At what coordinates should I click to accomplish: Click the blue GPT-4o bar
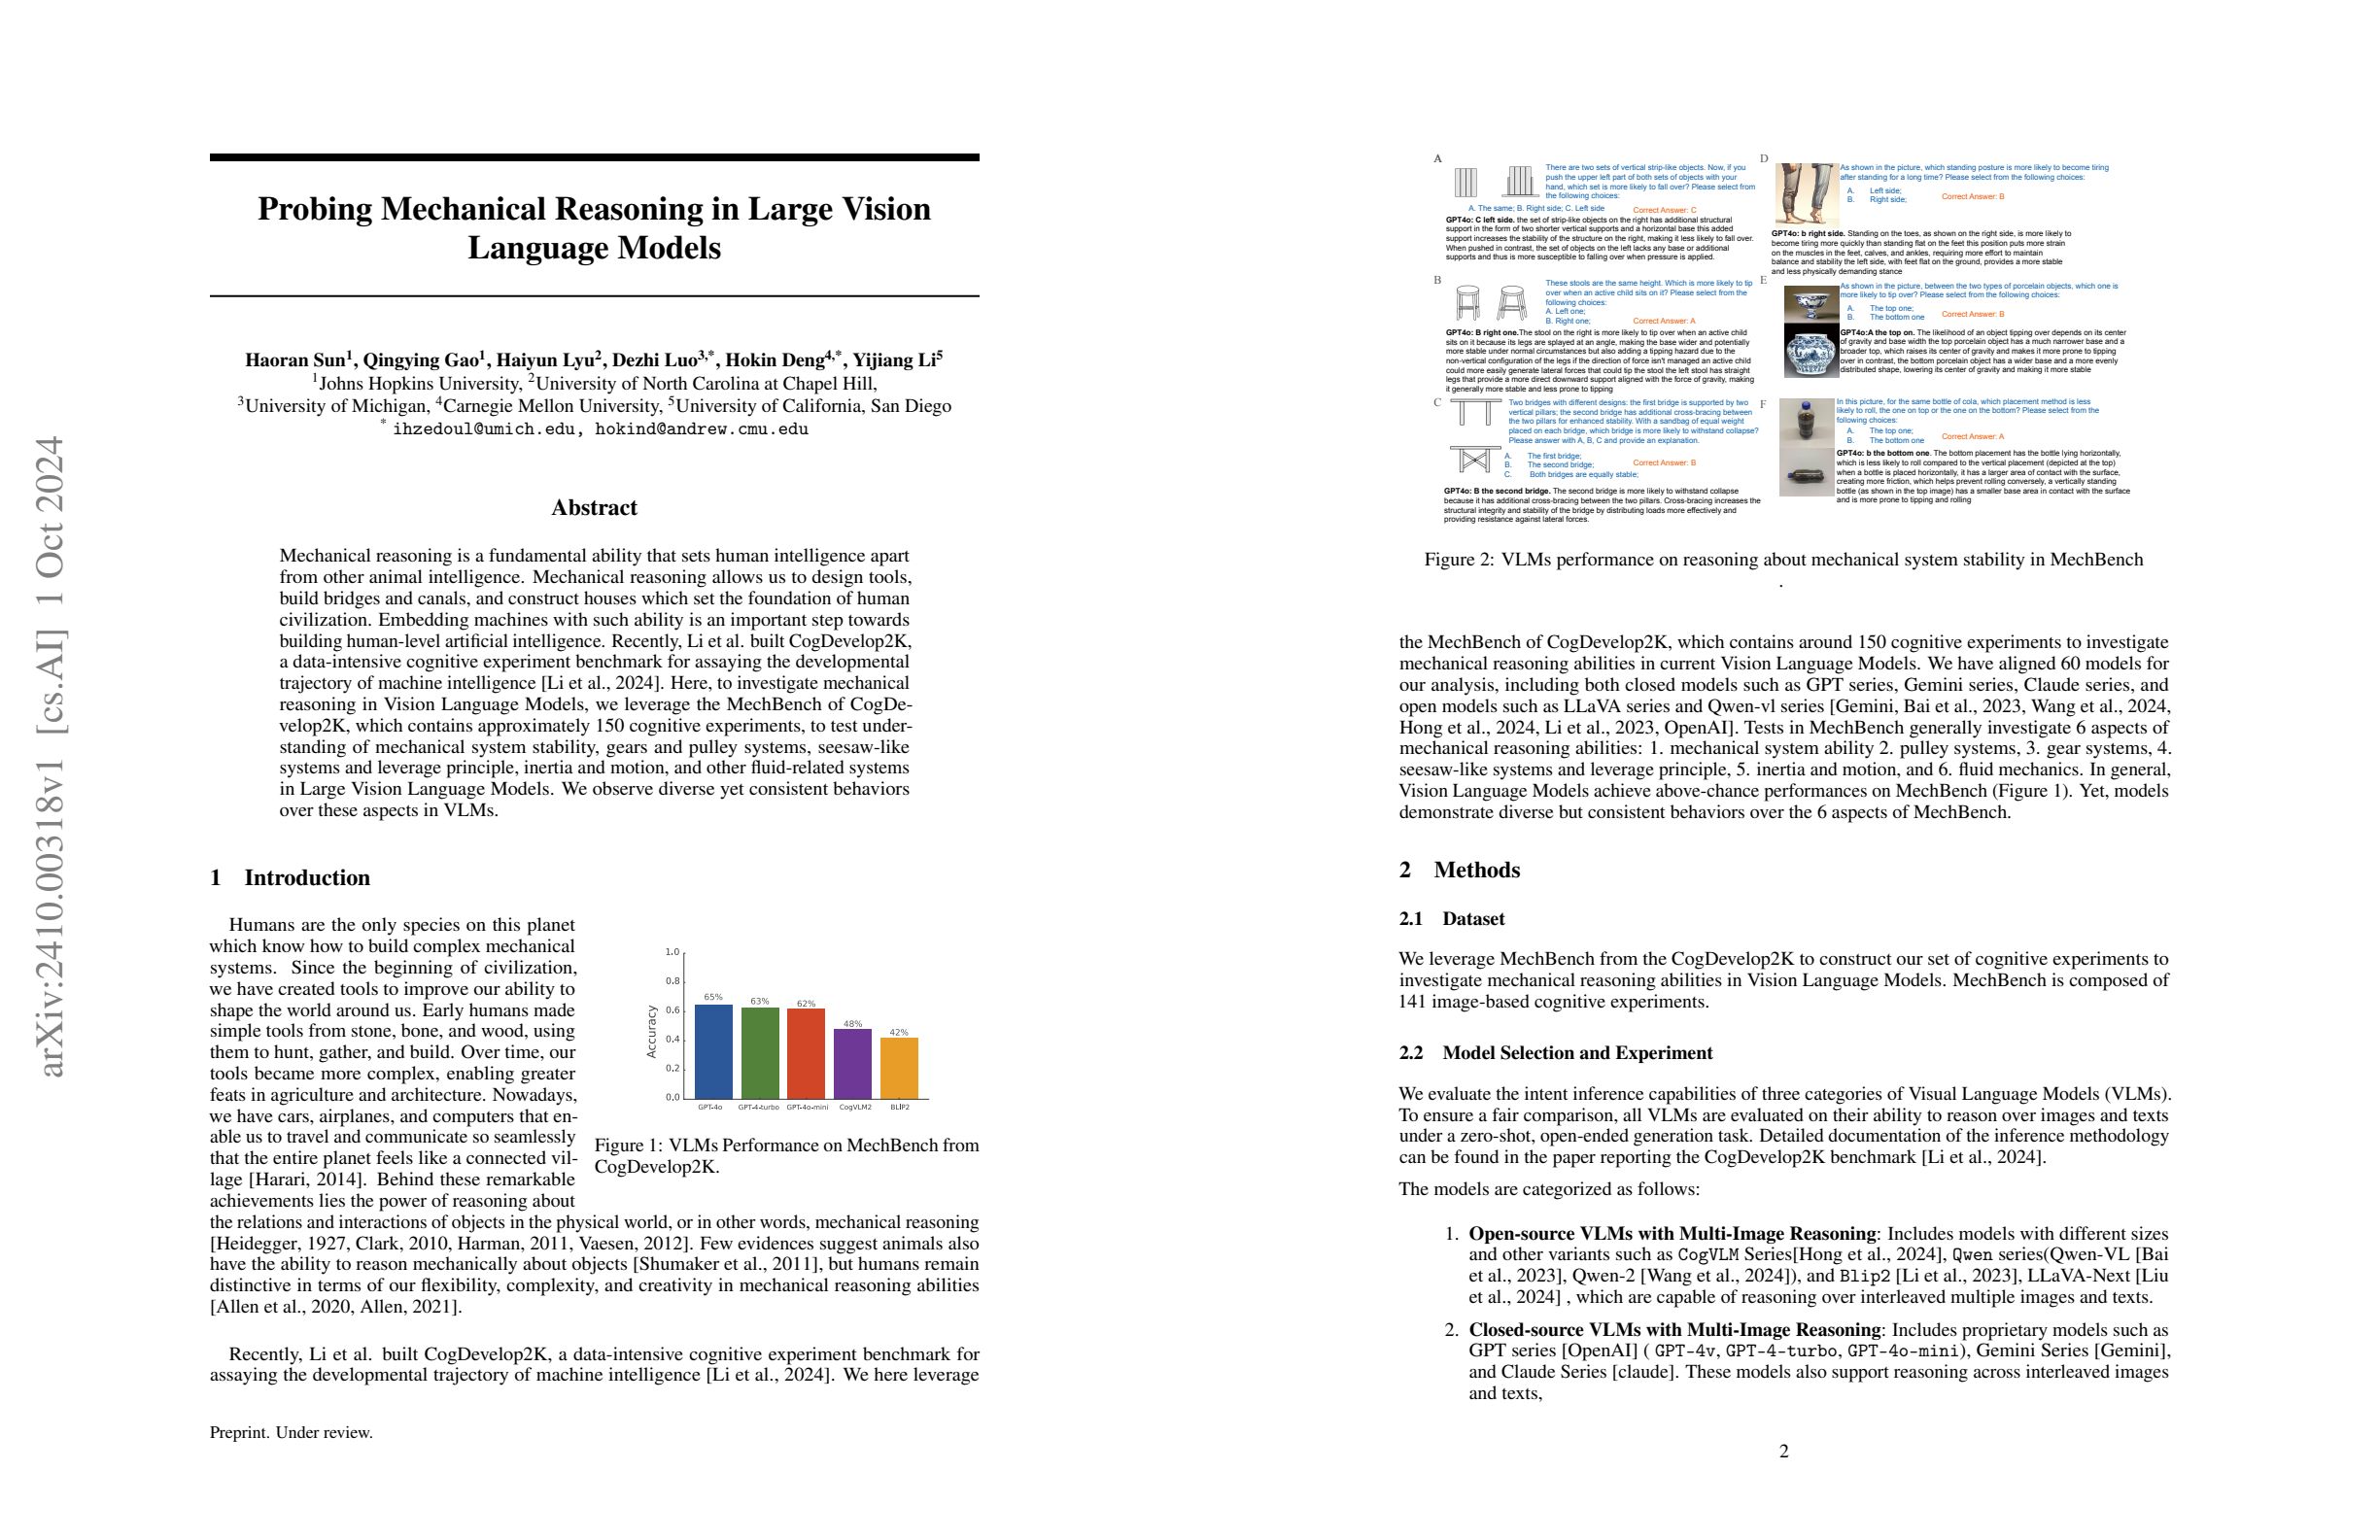tap(712, 1051)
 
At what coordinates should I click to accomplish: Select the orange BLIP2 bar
tap(899, 1069)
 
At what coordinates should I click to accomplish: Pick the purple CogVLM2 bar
tap(852, 1063)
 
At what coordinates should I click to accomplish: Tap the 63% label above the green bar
tap(760, 1001)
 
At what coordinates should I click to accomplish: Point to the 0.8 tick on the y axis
tap(672, 981)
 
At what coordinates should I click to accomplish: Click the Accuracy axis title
tap(652, 1031)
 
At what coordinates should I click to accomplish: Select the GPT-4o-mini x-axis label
tap(807, 1108)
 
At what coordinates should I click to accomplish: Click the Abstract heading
tap(594, 508)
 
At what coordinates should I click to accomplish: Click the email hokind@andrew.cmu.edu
tap(701, 429)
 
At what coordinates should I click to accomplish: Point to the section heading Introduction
tap(307, 877)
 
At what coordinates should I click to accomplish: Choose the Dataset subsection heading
tap(1472, 918)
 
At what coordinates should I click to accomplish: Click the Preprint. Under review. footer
tap(291, 1432)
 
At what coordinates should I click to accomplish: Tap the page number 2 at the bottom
tap(1784, 1451)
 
